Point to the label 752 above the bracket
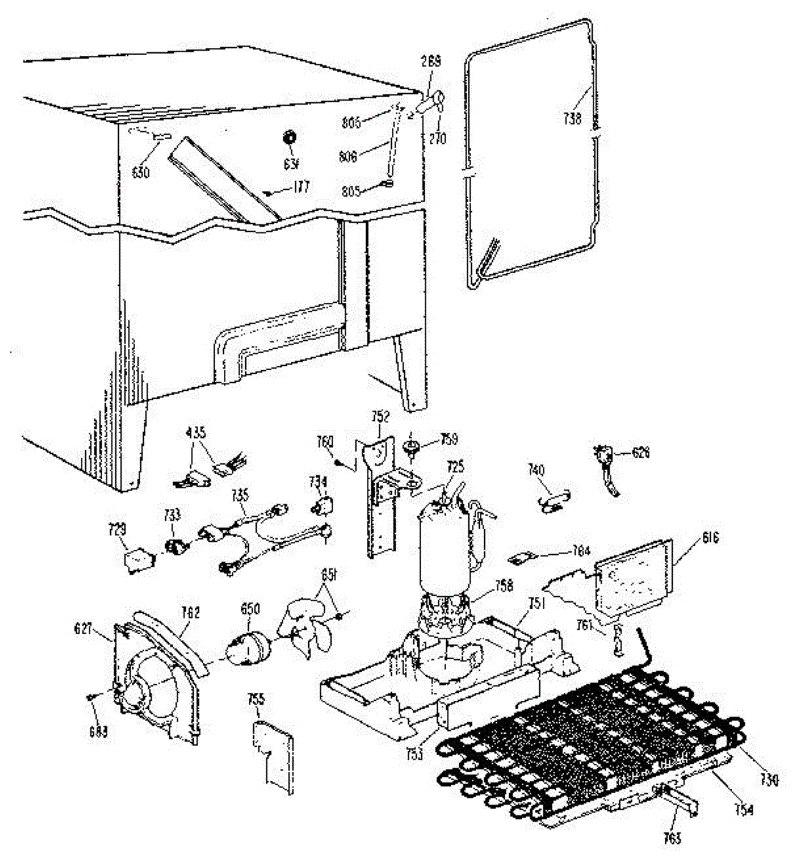[380, 414]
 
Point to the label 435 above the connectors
[196, 432]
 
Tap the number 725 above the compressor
[455, 466]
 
